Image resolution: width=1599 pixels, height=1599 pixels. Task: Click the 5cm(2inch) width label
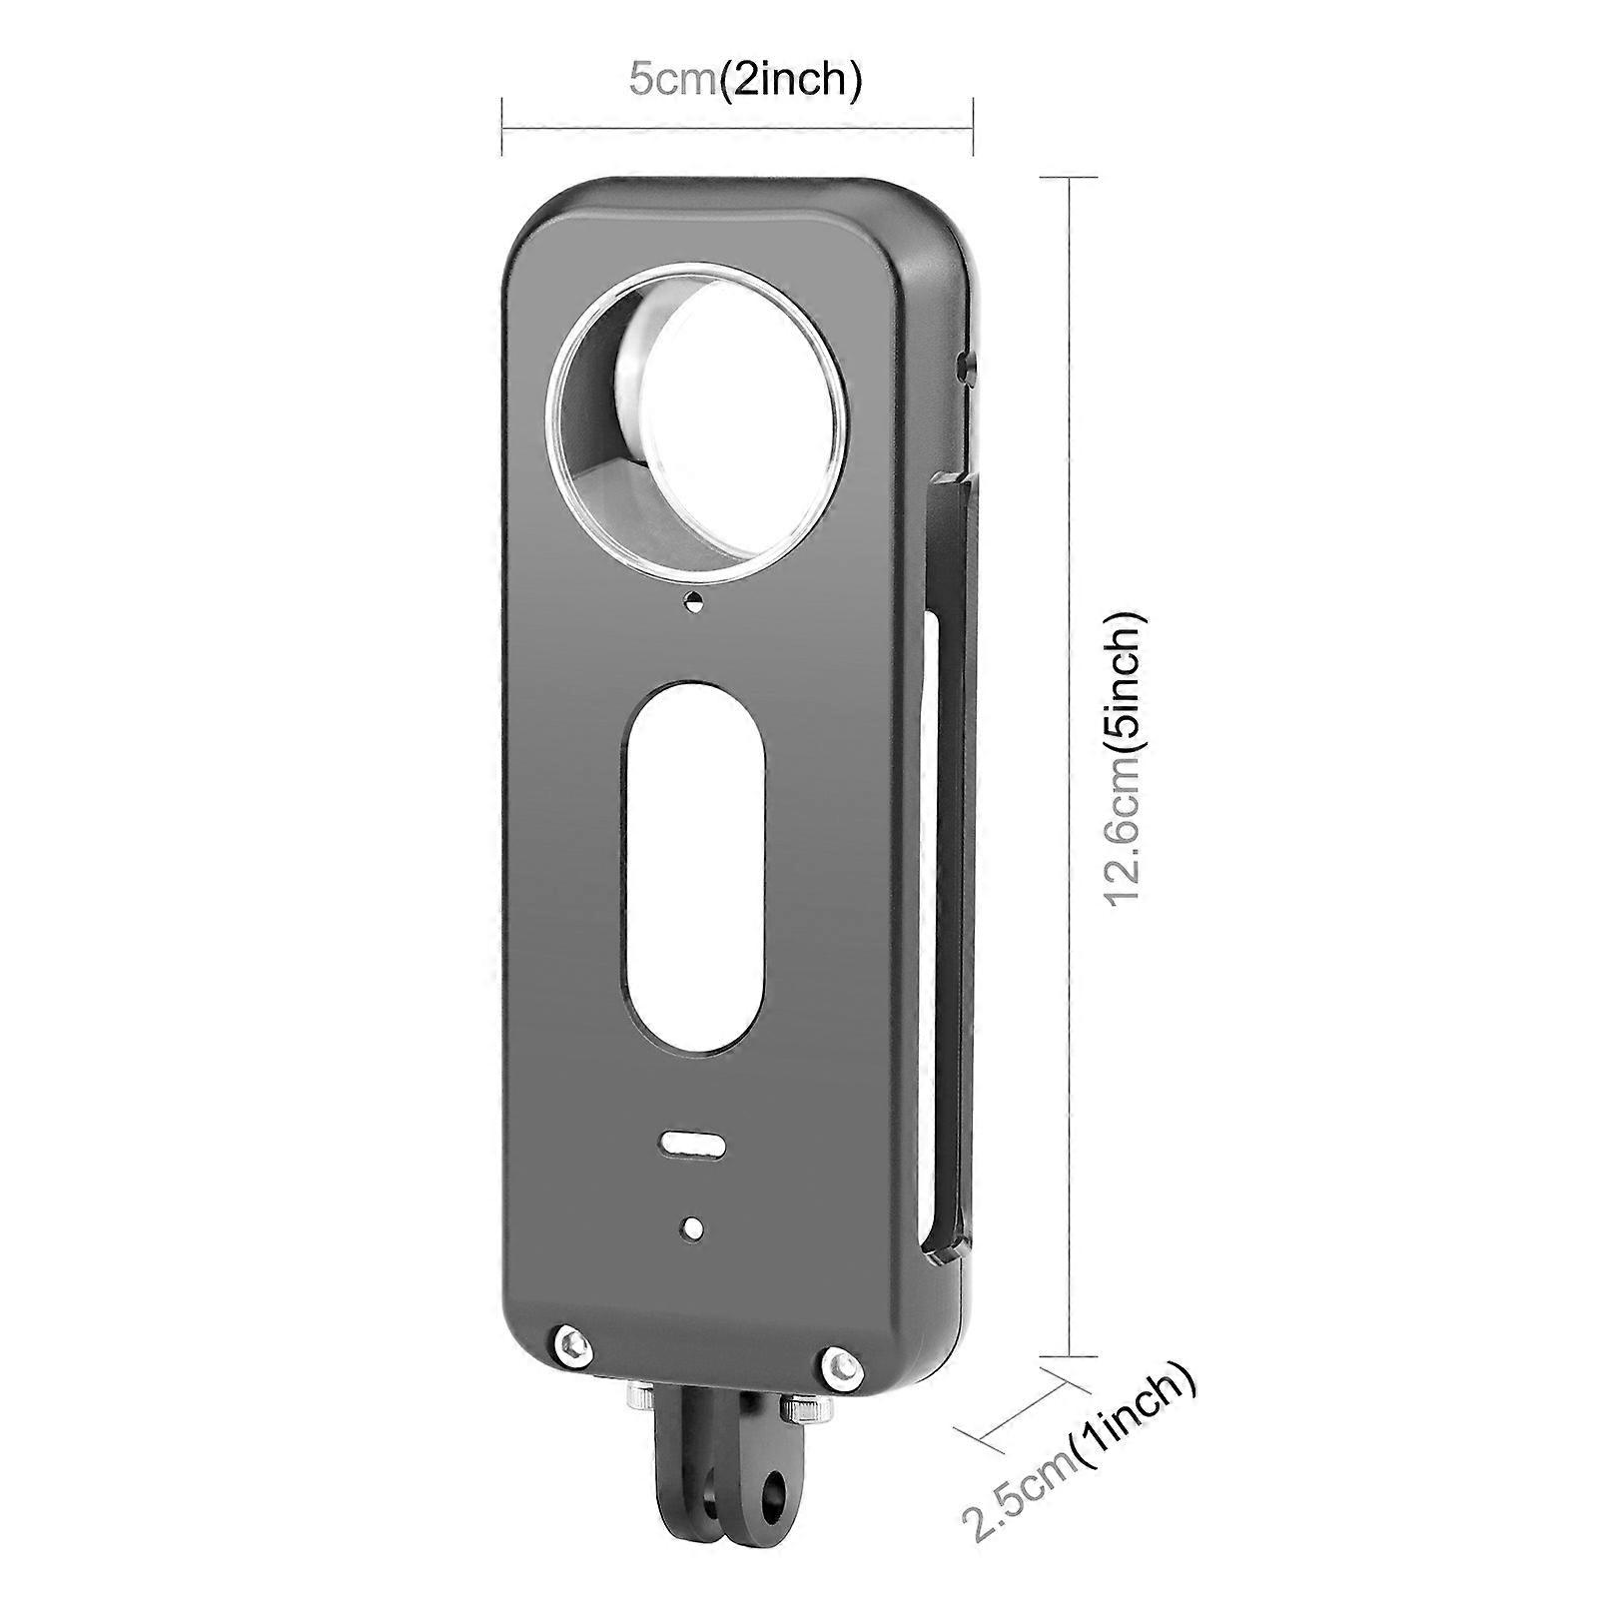744,80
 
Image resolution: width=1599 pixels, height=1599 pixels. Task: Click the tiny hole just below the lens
692,600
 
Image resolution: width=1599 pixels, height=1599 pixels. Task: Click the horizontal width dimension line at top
736,126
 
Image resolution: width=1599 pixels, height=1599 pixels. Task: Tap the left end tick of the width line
501,126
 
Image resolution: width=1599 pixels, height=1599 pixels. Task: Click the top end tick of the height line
1071,177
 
